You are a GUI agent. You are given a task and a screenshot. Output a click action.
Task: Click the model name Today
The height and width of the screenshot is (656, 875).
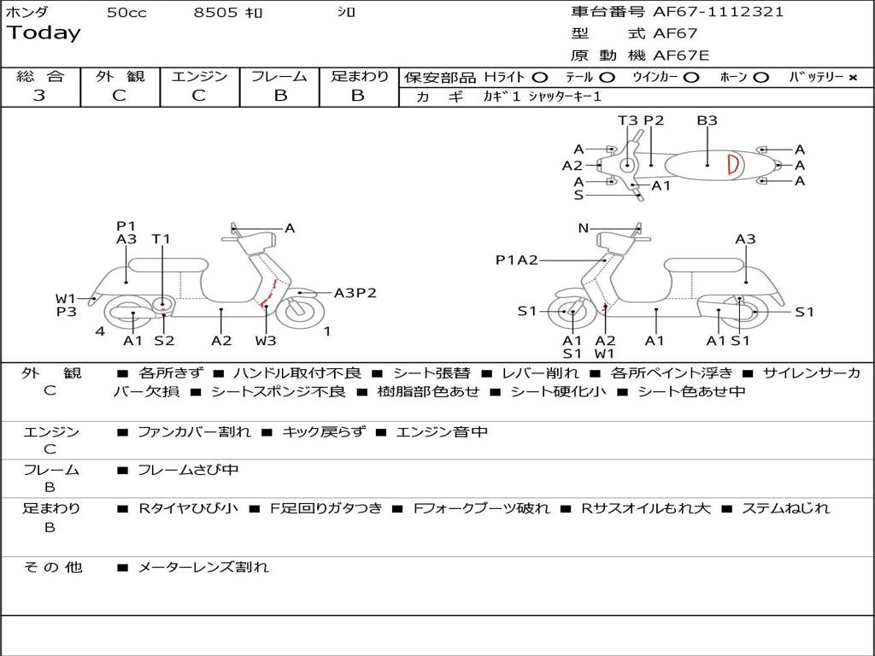(x=44, y=33)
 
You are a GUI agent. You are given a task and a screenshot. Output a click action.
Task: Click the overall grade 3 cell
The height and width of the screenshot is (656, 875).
(x=39, y=96)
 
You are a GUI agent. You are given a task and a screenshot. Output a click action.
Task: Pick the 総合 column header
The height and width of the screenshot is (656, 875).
(x=40, y=76)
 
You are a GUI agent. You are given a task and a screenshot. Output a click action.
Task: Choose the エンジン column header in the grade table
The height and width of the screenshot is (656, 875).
(x=199, y=76)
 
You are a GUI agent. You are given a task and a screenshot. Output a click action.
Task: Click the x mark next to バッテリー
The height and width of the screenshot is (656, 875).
(x=852, y=78)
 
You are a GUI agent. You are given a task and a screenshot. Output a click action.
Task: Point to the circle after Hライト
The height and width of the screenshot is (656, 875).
(x=539, y=78)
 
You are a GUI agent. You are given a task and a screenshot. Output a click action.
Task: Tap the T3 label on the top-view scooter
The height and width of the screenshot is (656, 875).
(x=627, y=120)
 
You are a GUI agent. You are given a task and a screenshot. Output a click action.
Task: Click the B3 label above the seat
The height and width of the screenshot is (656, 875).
(x=707, y=120)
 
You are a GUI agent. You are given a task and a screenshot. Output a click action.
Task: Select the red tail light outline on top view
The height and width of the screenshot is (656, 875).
(x=733, y=165)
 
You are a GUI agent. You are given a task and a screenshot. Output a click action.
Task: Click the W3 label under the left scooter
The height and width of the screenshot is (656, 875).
(x=266, y=341)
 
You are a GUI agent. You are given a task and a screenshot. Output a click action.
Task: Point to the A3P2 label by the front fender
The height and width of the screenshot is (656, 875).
(x=355, y=293)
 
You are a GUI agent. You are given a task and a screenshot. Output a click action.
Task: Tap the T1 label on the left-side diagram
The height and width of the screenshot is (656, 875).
(x=161, y=239)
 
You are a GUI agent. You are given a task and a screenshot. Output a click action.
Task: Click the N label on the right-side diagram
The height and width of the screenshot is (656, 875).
(x=584, y=228)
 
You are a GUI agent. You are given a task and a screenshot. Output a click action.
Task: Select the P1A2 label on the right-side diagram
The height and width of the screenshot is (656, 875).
(x=517, y=261)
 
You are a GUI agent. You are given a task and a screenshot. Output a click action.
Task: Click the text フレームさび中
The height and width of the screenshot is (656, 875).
(x=188, y=470)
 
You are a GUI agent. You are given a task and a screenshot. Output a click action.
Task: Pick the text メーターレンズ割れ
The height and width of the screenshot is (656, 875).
(x=203, y=567)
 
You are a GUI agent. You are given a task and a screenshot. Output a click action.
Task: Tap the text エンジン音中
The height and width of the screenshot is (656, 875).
(x=442, y=432)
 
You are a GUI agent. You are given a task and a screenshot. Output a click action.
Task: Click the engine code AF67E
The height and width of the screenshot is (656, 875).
(x=681, y=56)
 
